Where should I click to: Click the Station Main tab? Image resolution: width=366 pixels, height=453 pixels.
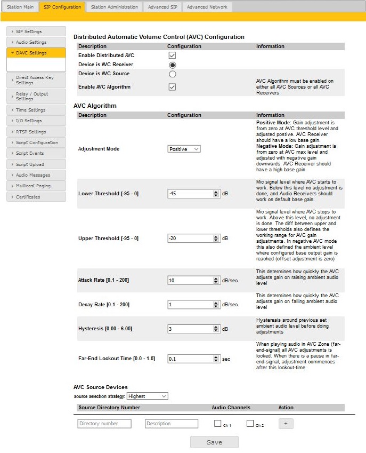20,7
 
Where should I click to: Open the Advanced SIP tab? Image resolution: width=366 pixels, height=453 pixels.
162,7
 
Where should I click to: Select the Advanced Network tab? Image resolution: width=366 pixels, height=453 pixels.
207,7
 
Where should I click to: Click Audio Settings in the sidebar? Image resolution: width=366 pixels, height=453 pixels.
36,42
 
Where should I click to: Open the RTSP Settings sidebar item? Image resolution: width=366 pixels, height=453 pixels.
36,132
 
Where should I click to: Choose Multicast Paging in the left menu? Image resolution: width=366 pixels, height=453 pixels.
36,186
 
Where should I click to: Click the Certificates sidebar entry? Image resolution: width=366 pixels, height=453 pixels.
36,197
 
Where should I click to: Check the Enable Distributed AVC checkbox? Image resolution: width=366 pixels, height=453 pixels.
172,55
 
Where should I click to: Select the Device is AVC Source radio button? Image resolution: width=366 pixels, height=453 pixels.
172,74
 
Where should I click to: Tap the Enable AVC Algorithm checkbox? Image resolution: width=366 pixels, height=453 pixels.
172,87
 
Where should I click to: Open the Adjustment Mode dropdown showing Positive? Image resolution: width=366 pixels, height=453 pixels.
184,149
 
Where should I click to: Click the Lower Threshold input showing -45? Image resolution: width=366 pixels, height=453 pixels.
190,194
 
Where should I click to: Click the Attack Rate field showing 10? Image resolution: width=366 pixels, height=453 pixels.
190,280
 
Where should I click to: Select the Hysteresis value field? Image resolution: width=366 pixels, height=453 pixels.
190,329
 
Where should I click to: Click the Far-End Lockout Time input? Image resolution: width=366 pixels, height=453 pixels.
190,359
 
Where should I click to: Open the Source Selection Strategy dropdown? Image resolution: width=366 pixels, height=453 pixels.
147,396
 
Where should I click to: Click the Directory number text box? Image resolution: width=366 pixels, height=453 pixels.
104,424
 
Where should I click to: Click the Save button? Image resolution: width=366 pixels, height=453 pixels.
214,442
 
